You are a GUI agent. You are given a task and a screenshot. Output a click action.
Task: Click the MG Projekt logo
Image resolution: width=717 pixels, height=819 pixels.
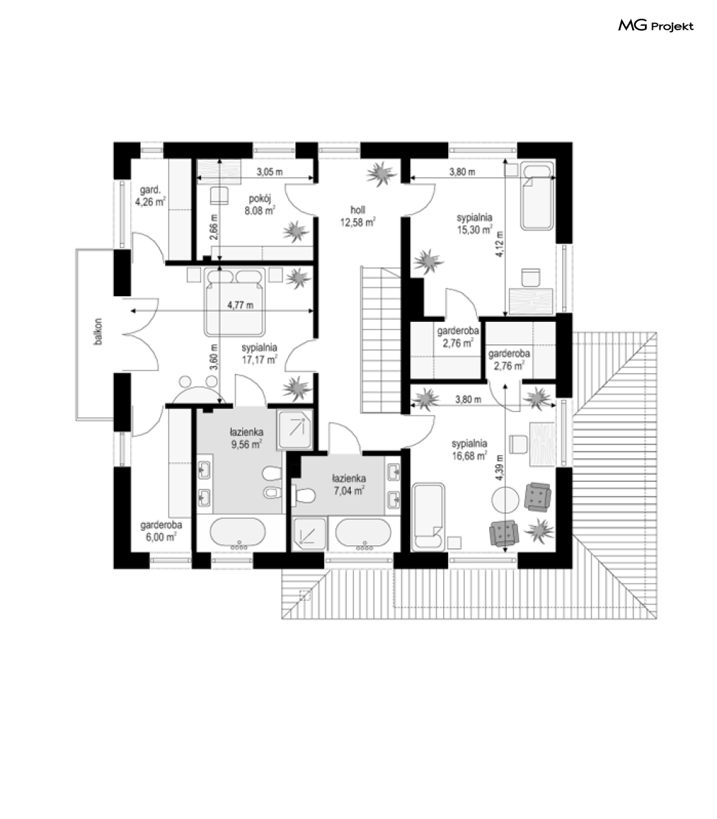pos(656,25)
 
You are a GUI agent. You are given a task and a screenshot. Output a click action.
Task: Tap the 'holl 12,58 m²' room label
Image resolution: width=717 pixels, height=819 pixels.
pos(358,216)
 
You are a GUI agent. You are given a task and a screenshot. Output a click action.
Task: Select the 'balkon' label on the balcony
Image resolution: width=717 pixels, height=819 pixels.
pos(98,331)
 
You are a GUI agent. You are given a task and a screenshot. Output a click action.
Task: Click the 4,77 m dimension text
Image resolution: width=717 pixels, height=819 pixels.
pos(241,305)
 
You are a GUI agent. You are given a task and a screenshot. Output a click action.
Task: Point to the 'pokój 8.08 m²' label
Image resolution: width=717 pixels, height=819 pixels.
pos(259,205)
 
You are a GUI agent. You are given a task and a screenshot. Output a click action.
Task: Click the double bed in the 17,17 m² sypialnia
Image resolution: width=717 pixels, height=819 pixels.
pos(234,301)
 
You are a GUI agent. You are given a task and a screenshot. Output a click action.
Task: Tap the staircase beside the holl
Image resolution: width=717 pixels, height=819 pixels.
pos(381,339)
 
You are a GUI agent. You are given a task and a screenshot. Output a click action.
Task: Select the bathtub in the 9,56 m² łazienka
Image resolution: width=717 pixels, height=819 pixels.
pos(238,533)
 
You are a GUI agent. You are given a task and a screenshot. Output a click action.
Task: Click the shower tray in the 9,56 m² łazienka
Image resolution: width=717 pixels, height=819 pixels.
pos(295,429)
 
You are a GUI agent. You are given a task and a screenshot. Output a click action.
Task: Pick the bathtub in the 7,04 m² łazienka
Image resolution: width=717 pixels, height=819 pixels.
pos(363,534)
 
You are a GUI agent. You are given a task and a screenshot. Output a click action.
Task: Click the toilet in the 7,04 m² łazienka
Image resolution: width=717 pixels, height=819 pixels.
pos(303,494)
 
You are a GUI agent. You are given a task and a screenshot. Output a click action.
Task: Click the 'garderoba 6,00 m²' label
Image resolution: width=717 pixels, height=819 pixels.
pos(161,531)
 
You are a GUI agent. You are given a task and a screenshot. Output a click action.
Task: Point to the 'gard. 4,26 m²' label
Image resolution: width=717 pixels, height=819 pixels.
pos(151,196)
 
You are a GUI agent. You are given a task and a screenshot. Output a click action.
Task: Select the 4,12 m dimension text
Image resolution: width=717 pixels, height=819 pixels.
pos(499,244)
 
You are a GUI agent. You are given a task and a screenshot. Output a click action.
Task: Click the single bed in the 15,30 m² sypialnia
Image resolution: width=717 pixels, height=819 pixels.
pos(537,197)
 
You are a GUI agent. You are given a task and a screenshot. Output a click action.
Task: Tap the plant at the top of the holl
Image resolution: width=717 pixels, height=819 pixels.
pos(380,174)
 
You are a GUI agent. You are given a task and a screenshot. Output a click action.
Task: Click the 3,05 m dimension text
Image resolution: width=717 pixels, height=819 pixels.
pos(270,171)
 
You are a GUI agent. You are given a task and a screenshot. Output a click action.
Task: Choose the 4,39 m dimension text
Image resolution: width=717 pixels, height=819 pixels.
pos(499,467)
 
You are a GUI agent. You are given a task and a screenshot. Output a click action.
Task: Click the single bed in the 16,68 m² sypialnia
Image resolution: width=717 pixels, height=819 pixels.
pos(428,516)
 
